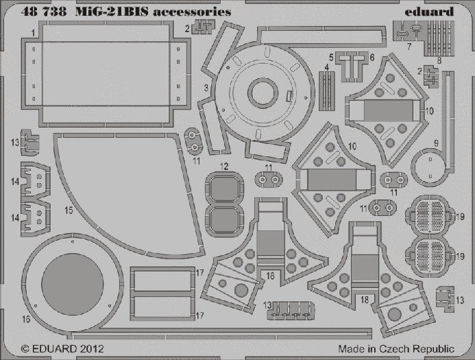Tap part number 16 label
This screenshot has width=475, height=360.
tap(26, 320)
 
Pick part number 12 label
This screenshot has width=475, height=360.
tap(225, 167)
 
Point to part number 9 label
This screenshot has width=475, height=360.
tap(436, 143)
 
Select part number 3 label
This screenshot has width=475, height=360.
tap(206, 88)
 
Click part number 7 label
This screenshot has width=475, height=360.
tap(409, 47)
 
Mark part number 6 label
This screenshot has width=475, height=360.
tap(372, 57)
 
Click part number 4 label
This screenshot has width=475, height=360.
tap(328, 67)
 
